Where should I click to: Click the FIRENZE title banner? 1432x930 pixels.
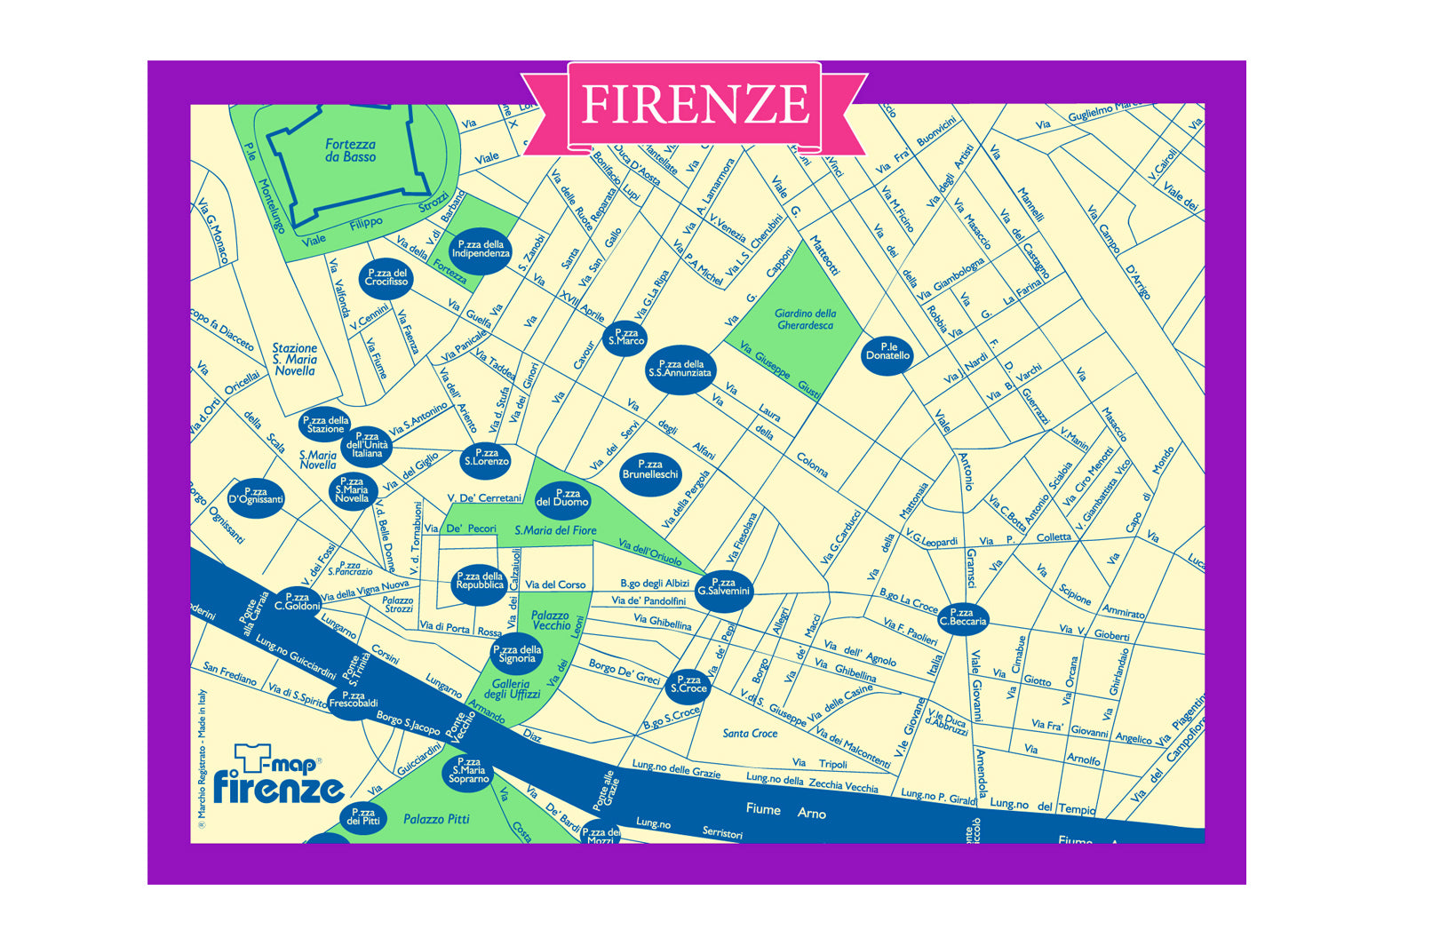pyautogui.click(x=694, y=106)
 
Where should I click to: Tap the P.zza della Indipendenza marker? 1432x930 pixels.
pyautogui.click(x=481, y=250)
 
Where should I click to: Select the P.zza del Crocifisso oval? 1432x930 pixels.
pyautogui.click(x=386, y=278)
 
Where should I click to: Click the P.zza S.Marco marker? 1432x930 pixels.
pyautogui.click(x=625, y=338)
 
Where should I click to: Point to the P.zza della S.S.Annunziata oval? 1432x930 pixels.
pyautogui.click(x=680, y=370)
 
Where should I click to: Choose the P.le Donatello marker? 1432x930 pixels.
pyautogui.click(x=887, y=353)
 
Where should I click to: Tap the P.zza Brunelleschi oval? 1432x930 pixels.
pyautogui.click(x=650, y=471)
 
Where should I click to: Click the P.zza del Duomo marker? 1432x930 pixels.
pyautogui.click(x=561, y=498)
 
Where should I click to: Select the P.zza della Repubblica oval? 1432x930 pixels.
pyautogui.click(x=480, y=582)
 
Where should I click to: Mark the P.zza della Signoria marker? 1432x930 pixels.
pyautogui.click(x=517, y=655)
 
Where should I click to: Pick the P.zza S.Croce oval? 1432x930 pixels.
pyautogui.click(x=688, y=685)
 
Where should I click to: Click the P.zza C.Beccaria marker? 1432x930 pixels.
pyautogui.click(x=963, y=617)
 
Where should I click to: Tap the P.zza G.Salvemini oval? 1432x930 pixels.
pyautogui.click(x=723, y=588)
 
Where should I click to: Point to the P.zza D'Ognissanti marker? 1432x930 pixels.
pyautogui.click(x=256, y=497)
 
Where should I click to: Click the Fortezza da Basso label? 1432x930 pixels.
pyautogui.click(x=350, y=151)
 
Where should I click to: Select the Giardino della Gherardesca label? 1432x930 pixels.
pyautogui.click(x=805, y=320)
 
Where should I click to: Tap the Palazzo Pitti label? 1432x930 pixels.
pyautogui.click(x=436, y=819)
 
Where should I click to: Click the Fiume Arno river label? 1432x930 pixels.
pyautogui.click(x=786, y=810)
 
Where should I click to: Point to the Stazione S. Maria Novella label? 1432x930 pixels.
pyautogui.click(x=294, y=360)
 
